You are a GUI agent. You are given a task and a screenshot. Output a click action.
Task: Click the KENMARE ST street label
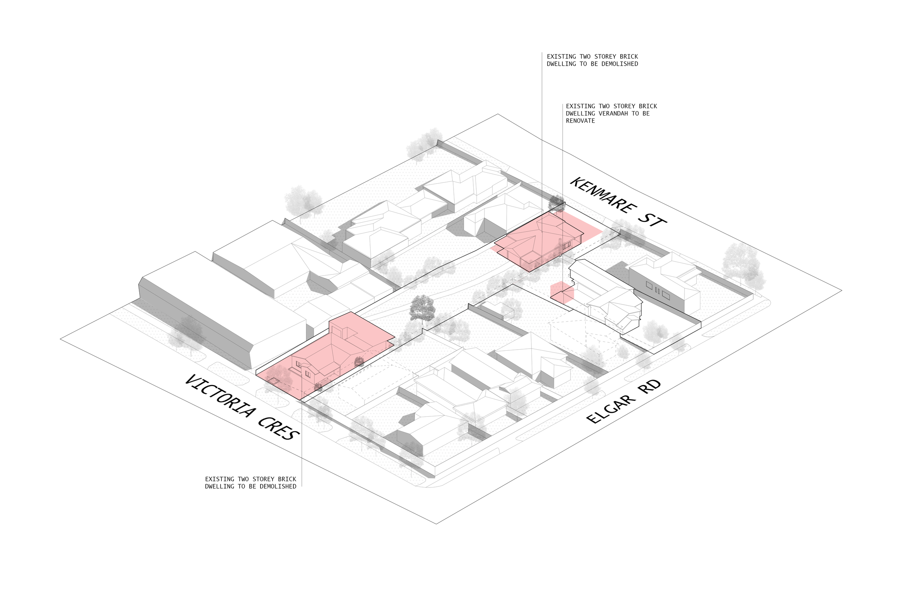(x=618, y=202)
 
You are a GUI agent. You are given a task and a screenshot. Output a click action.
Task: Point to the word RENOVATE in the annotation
(x=580, y=121)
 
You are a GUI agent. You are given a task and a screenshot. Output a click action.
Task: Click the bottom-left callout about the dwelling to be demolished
(x=250, y=483)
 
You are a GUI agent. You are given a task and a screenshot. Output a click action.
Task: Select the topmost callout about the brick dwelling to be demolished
(x=592, y=60)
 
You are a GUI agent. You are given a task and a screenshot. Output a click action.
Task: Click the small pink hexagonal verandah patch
(x=562, y=292)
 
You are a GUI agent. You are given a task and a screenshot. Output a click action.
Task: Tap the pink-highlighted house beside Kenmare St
(x=539, y=242)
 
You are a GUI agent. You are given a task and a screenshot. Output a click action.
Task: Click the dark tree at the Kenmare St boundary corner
(x=556, y=202)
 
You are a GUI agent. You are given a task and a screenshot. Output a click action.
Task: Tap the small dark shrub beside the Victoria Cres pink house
(x=359, y=362)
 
